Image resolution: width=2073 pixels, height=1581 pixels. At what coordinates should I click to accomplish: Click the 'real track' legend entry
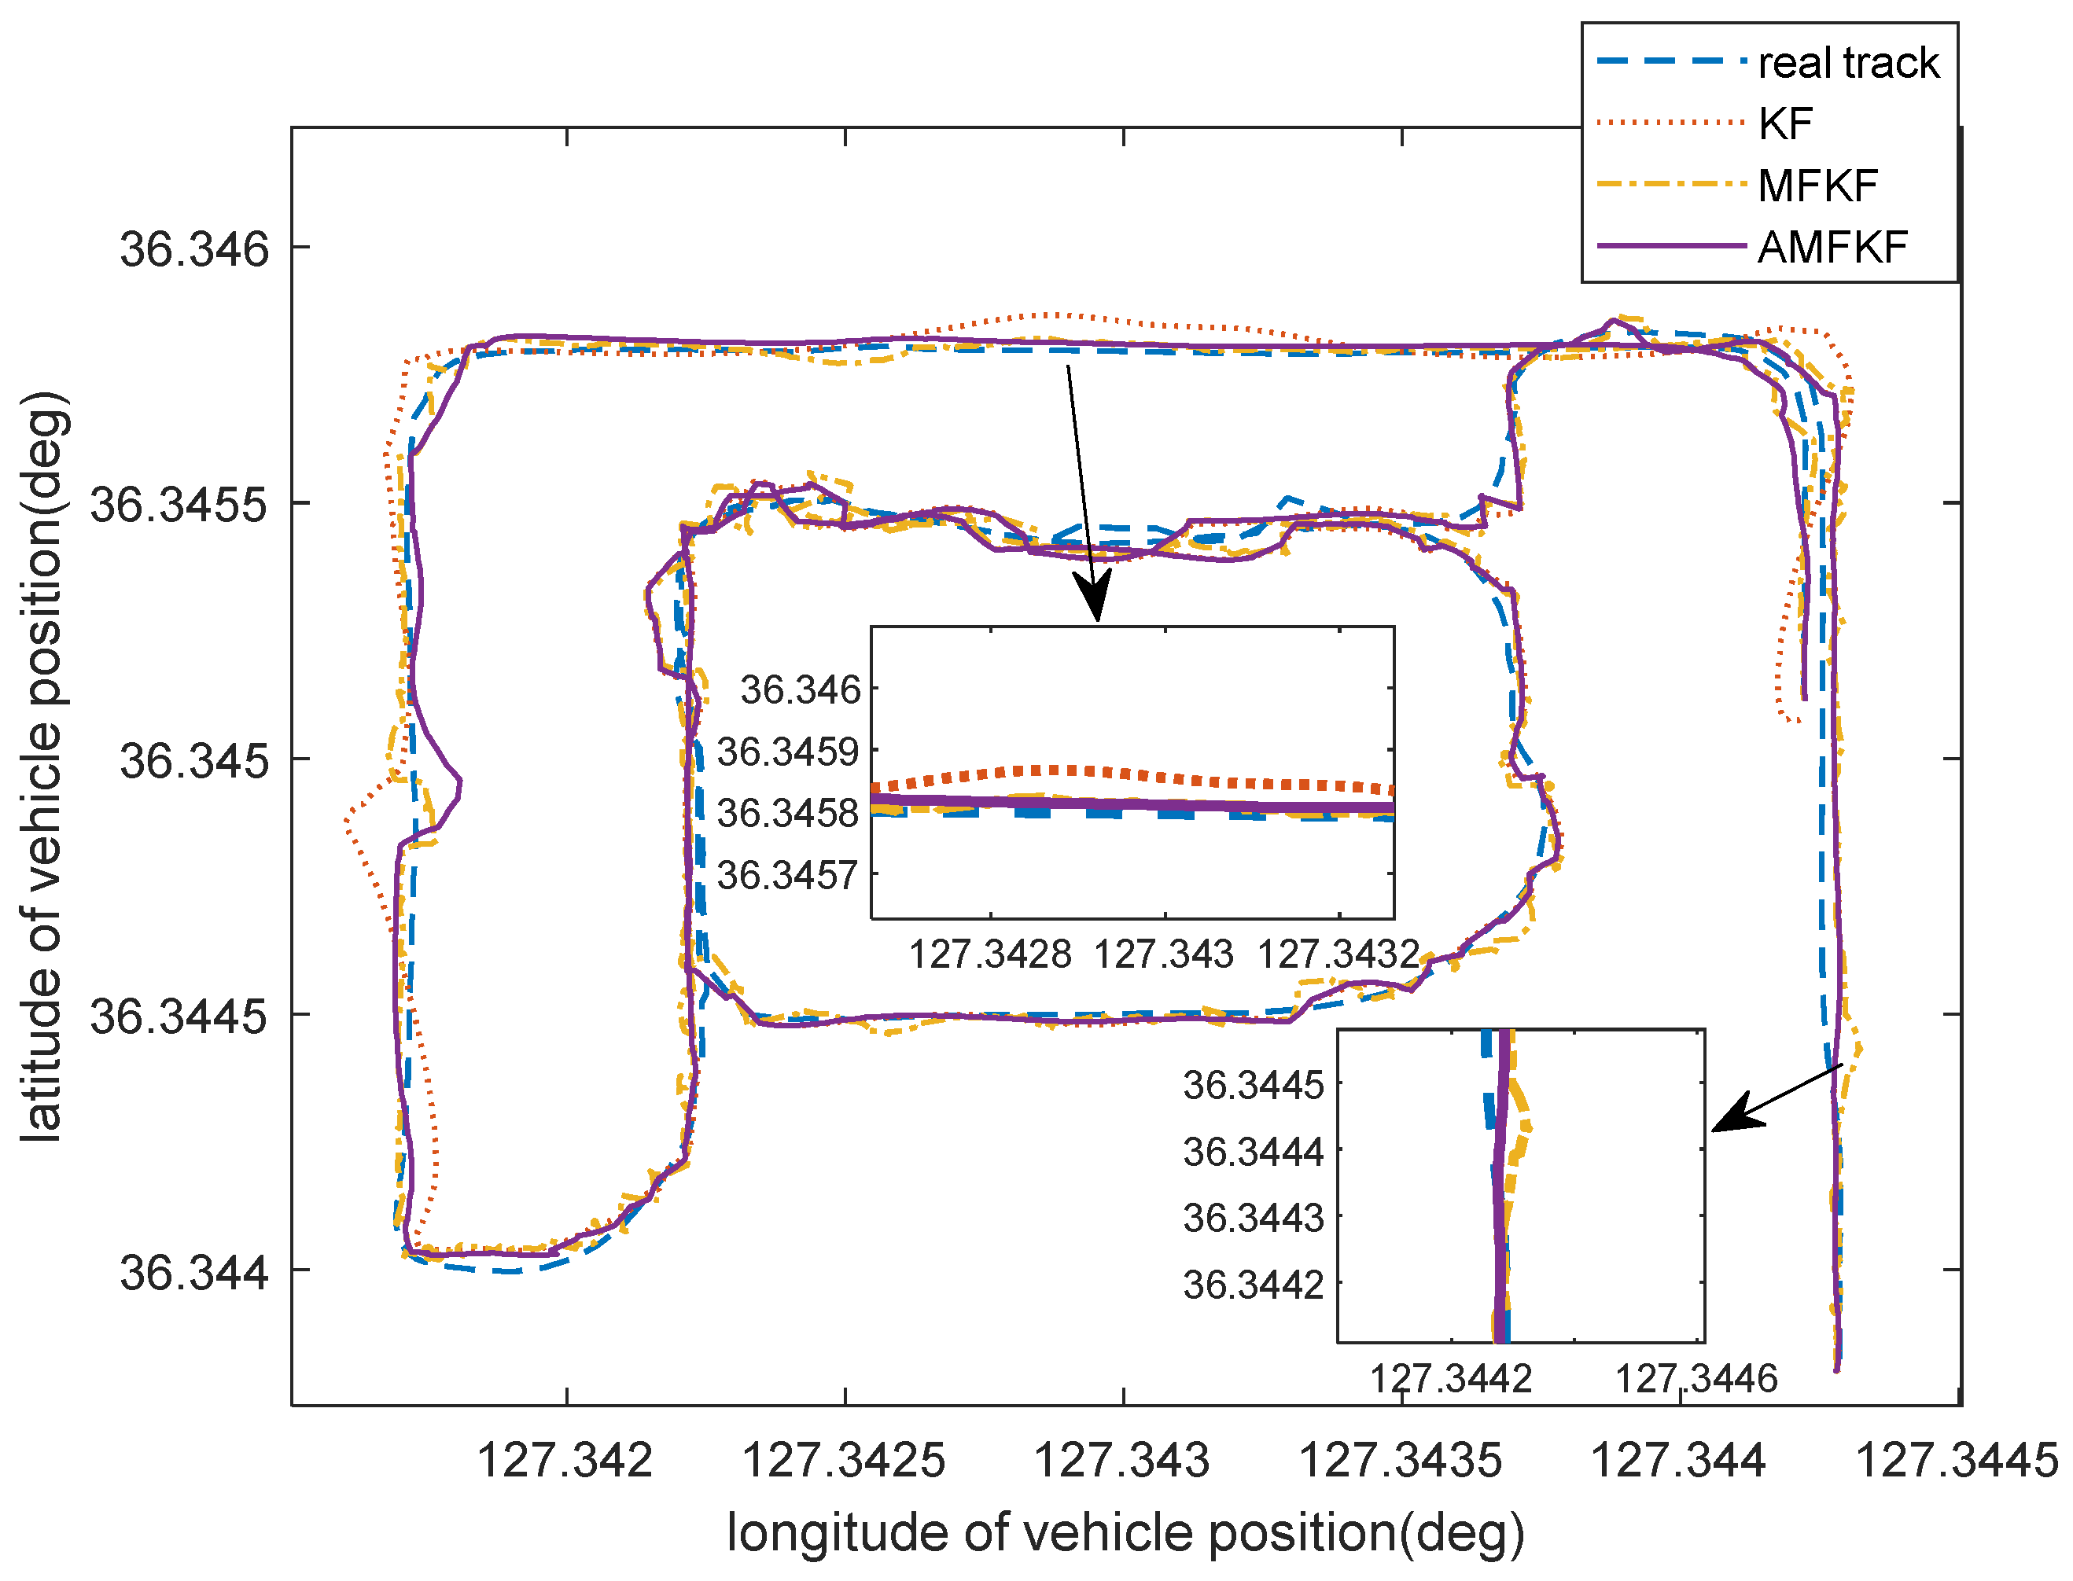pos(1847,63)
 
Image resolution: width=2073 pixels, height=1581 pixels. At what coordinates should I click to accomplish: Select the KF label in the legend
pos(1785,123)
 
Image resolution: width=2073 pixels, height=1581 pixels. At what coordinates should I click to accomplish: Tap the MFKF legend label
pos(1817,186)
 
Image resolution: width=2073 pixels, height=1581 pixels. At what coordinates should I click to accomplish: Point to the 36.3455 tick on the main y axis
pos(179,505)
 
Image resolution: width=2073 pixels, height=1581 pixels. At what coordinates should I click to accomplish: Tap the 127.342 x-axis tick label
pos(565,1461)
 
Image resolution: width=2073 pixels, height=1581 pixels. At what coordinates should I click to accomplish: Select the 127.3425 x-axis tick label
pos(844,1461)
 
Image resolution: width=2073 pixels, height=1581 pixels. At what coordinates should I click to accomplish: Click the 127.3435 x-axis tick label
pos(1400,1461)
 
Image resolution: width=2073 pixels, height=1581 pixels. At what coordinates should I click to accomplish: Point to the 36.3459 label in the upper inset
pos(788,752)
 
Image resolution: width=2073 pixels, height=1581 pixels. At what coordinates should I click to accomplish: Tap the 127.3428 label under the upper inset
pos(989,955)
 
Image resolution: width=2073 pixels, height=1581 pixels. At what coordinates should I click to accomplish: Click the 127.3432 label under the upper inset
pos(1338,955)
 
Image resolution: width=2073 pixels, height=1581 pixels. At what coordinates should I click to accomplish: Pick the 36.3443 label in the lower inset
pos(1253,1218)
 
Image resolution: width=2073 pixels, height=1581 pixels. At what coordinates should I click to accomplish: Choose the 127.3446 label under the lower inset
pos(1696,1380)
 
